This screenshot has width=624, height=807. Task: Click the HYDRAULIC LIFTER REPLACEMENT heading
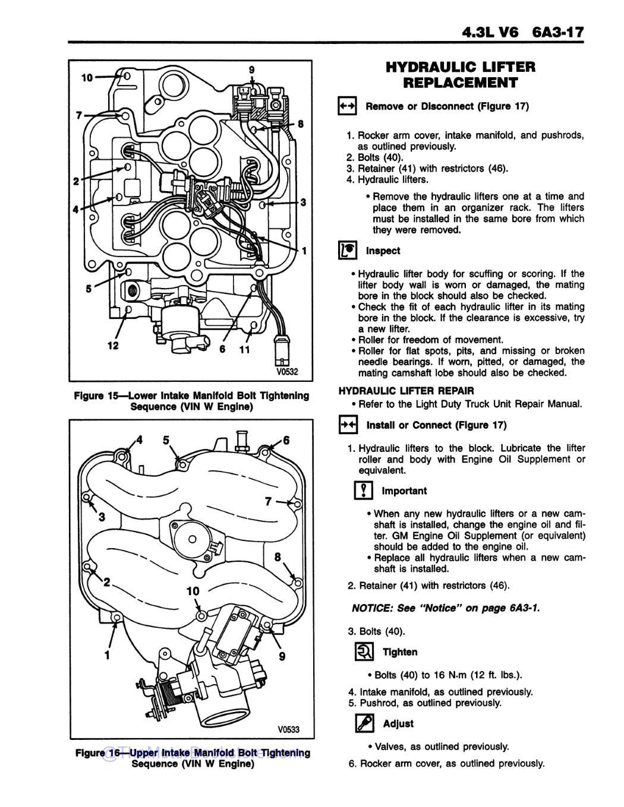(x=460, y=75)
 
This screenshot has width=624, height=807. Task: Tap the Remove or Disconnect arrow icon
(x=346, y=106)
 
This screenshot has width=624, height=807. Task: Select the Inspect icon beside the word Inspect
(x=347, y=251)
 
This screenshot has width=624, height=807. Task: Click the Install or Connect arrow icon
(x=347, y=425)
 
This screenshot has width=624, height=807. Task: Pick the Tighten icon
(x=364, y=652)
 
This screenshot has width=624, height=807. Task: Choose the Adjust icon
(x=364, y=723)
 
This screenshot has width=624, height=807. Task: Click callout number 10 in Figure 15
(x=87, y=77)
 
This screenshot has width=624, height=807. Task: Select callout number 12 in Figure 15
(x=113, y=346)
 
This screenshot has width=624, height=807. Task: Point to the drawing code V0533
(x=288, y=730)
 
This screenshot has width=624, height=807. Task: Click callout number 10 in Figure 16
(x=193, y=591)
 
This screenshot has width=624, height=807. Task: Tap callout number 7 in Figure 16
(x=269, y=502)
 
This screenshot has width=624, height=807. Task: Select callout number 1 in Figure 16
(x=108, y=655)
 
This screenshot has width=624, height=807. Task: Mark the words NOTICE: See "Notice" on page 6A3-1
(x=446, y=608)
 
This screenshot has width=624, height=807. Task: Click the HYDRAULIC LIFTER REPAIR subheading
(x=406, y=391)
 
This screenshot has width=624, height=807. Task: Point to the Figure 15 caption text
(x=191, y=401)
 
